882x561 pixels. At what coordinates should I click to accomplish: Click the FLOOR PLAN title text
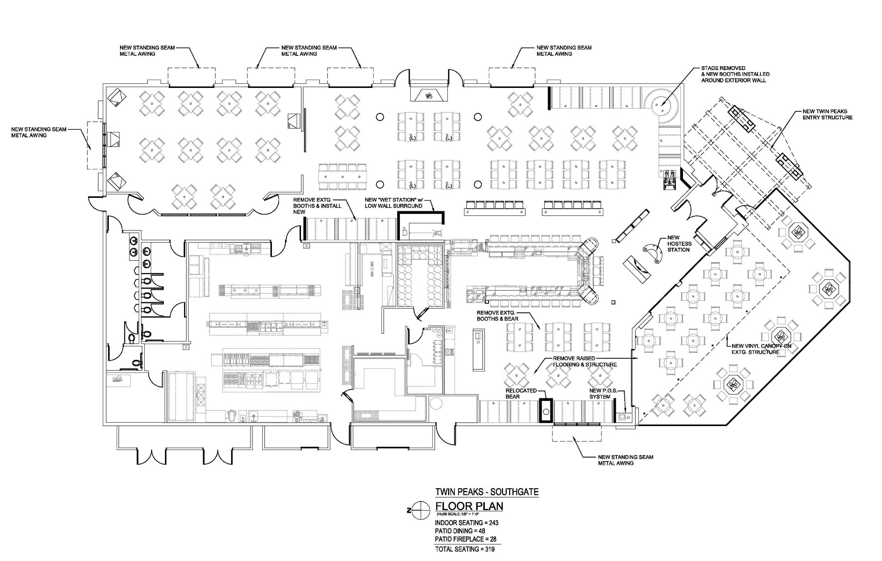click(x=469, y=506)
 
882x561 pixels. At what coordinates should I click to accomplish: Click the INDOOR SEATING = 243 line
click(x=466, y=523)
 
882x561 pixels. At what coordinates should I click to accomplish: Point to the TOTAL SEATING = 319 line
click(x=465, y=549)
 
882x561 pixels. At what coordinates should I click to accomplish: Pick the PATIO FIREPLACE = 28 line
click(x=465, y=539)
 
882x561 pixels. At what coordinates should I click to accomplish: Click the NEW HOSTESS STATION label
click(x=679, y=244)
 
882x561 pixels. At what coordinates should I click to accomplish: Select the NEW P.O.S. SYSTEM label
click(x=602, y=393)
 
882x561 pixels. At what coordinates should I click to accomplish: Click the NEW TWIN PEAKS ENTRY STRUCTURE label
click(x=827, y=114)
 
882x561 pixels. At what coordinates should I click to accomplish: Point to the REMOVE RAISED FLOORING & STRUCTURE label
click(x=584, y=361)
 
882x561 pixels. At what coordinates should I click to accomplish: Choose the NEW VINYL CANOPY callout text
click(x=761, y=349)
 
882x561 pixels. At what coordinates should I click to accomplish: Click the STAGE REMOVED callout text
click(x=735, y=74)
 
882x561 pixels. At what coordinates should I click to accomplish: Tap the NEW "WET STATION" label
click(x=393, y=203)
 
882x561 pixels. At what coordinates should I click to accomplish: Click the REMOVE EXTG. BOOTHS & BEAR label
click(x=497, y=316)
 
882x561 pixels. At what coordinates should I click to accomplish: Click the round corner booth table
click(x=662, y=104)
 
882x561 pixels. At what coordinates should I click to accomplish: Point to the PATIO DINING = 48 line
click(x=460, y=531)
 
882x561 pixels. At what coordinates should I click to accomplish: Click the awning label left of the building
click(x=39, y=132)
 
